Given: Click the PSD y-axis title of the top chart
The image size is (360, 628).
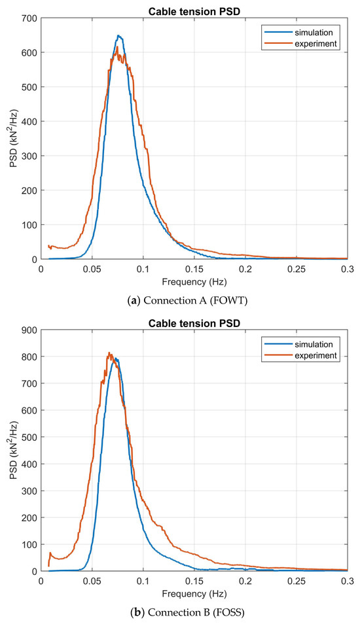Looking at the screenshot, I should tap(11, 139).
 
